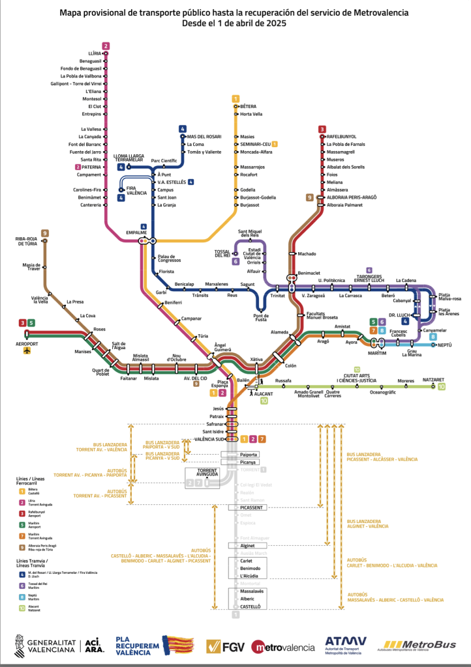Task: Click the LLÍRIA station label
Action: pos(95,53)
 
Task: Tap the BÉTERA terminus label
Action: pos(249,106)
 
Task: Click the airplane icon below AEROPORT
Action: pos(27,351)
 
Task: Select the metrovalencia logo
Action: pos(282,647)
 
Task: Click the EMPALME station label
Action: pos(135,233)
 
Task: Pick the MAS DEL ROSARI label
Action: pos(204,137)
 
